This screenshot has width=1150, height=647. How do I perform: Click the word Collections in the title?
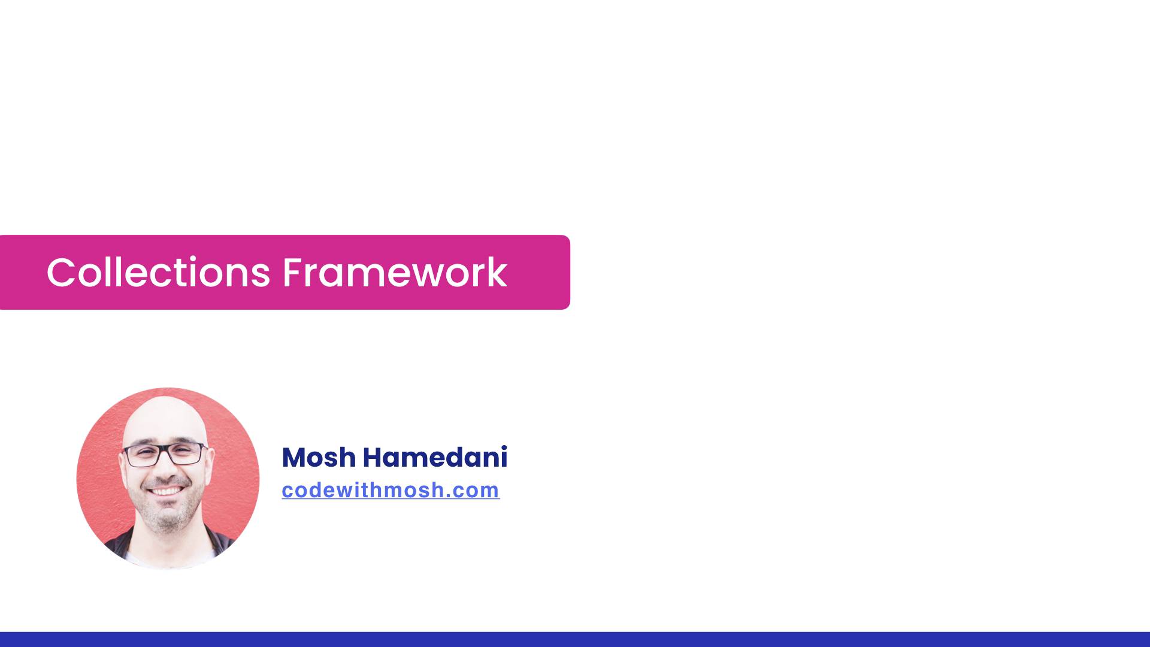[x=158, y=273]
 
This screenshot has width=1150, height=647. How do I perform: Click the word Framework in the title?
[x=395, y=273]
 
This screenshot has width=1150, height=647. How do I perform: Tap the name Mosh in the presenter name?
[x=319, y=458]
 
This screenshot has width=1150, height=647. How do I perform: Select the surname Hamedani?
[x=435, y=458]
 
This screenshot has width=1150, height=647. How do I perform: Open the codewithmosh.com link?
[x=391, y=490]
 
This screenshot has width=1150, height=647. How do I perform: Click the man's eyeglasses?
[x=164, y=455]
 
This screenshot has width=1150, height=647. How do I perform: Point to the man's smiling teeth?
[x=167, y=491]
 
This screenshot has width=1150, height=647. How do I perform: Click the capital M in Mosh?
[x=295, y=458]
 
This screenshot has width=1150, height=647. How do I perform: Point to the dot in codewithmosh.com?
[x=448, y=496]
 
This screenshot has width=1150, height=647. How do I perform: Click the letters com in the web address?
[x=476, y=491]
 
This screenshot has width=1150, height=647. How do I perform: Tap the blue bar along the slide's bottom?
[x=575, y=639]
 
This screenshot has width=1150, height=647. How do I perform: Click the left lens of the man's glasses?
[x=141, y=455]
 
